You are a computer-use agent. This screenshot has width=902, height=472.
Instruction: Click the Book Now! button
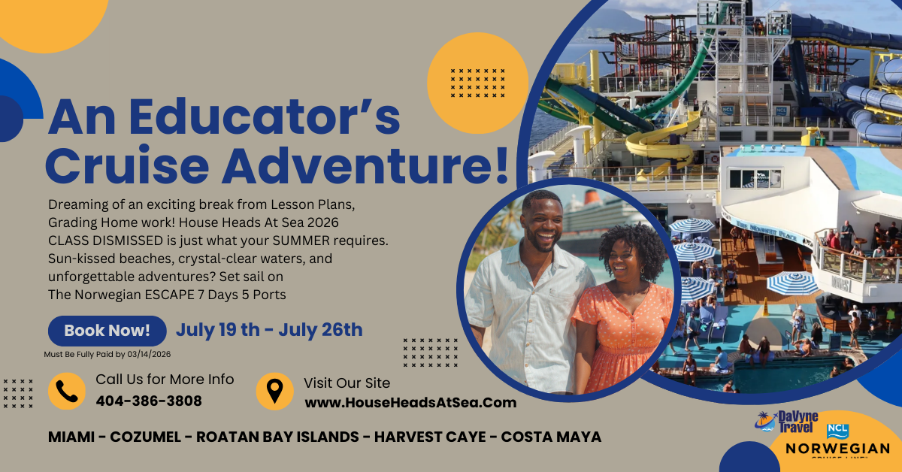tap(107, 331)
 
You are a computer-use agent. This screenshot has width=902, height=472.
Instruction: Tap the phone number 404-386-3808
tap(149, 401)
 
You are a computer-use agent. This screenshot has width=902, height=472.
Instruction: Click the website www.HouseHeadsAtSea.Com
tap(410, 403)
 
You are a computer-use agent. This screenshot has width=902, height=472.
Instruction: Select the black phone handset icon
tap(67, 392)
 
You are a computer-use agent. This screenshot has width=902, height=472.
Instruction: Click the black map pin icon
tap(275, 391)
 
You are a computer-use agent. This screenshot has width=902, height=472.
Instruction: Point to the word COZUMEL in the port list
tap(145, 437)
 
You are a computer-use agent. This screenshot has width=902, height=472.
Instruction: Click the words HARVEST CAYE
tap(430, 437)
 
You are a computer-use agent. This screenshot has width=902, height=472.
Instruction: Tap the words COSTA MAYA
tap(551, 437)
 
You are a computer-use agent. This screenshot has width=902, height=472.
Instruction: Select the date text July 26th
tap(320, 330)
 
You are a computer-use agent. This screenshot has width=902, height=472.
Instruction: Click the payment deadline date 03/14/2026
tap(149, 355)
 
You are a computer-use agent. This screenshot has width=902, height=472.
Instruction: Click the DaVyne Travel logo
tap(786, 422)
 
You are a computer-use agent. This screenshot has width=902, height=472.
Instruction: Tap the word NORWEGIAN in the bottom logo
tap(837, 449)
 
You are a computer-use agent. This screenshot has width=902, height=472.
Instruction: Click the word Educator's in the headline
tap(265, 116)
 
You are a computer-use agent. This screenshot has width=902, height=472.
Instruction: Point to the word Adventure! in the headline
tap(365, 166)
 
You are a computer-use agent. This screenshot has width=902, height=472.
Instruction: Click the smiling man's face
tap(542, 223)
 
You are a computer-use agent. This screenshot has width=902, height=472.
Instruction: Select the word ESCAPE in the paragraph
tap(170, 295)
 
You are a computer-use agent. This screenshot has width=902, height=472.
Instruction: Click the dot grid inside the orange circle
tap(477, 83)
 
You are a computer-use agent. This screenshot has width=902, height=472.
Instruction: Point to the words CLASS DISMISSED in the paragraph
tap(105, 241)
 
